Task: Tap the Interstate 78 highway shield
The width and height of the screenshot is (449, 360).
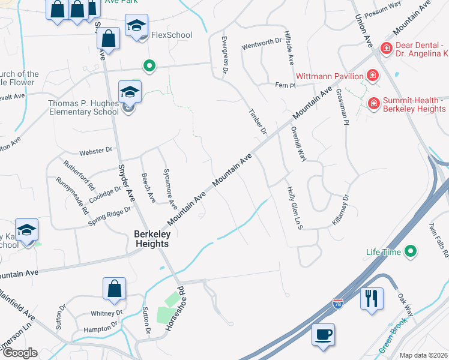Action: (339, 305)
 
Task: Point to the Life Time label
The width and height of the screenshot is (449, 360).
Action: (384, 253)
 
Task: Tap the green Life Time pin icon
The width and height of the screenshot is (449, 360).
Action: (411, 251)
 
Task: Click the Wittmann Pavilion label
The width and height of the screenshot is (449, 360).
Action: (330, 76)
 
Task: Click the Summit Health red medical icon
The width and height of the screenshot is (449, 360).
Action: (373, 104)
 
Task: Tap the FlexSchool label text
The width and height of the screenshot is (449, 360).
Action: (172, 35)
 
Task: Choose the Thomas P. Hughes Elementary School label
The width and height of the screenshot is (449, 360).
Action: (83, 107)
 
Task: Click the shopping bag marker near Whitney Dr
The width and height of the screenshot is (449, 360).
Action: (114, 289)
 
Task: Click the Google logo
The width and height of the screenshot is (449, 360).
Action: (19, 353)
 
